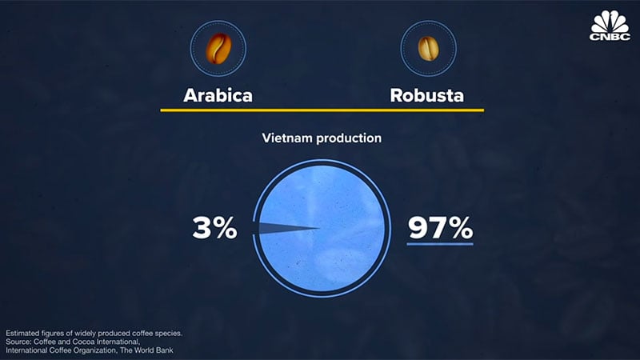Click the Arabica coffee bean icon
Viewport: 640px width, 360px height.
point(218,49)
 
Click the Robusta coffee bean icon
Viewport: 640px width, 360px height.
point(428,49)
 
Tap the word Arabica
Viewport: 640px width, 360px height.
point(218,95)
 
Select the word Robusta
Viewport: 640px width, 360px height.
point(427,95)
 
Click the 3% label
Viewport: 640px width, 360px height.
point(214,228)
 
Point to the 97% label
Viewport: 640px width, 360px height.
point(441,228)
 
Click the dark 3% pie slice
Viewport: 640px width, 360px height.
point(286,228)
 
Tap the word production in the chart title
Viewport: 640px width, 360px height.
point(349,138)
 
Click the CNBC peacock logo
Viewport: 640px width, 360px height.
point(610,26)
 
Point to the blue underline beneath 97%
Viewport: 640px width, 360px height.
point(440,244)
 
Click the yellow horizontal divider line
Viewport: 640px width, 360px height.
point(322,110)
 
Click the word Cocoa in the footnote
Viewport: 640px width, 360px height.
point(84,342)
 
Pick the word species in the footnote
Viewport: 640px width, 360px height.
point(168,334)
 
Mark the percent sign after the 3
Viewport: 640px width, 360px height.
point(225,228)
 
